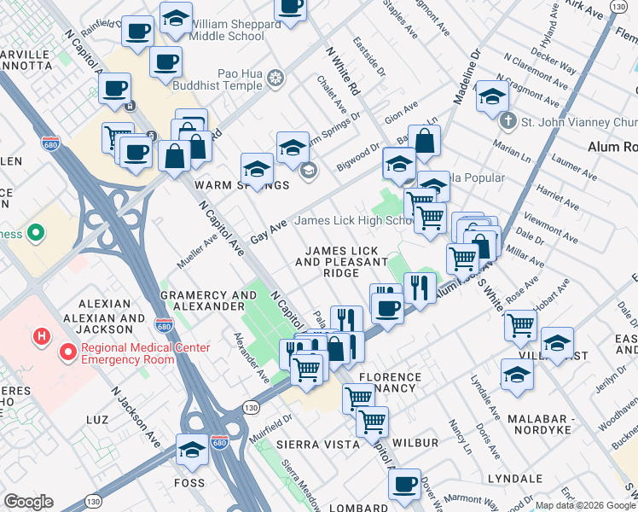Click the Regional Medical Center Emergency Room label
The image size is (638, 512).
[x=128, y=353]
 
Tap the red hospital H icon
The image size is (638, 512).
[x=40, y=337]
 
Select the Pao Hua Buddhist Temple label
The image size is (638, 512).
[x=218, y=79]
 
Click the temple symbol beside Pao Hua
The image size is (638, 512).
[x=275, y=79]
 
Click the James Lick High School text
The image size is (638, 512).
[x=353, y=221]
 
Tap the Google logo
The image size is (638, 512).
[x=28, y=502]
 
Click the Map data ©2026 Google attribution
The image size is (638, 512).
[x=584, y=506]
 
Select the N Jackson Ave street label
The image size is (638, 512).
[x=136, y=416]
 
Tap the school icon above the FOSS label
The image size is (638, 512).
[x=193, y=449]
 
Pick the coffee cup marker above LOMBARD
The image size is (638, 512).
[x=404, y=484]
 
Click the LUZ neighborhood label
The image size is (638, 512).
[x=97, y=420]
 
